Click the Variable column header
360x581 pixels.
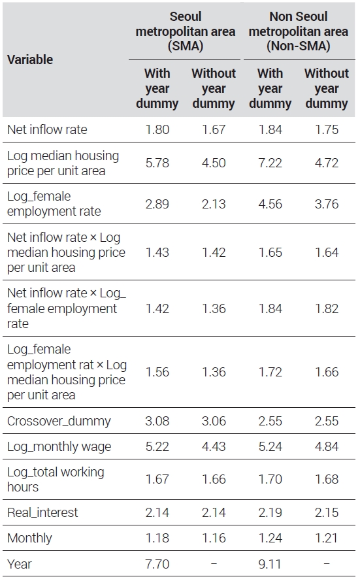(x=30, y=59)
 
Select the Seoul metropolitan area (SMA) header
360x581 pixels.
(x=185, y=31)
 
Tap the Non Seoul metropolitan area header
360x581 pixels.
(x=299, y=31)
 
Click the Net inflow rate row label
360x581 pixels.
(x=47, y=129)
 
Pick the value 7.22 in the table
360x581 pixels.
(x=270, y=163)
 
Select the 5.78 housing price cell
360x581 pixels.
(x=157, y=163)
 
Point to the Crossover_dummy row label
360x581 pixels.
(x=59, y=421)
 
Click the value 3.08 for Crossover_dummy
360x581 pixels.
(x=157, y=421)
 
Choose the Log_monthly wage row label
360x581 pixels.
(x=59, y=446)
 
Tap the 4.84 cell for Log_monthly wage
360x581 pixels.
(x=327, y=446)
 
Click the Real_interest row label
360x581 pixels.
(x=42, y=512)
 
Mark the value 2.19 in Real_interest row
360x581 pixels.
(x=270, y=512)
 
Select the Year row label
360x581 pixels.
(x=19, y=564)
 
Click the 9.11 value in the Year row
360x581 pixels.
(x=270, y=564)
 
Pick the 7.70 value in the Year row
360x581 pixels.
(x=157, y=564)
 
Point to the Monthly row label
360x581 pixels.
(x=29, y=538)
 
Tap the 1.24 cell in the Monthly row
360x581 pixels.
(x=270, y=538)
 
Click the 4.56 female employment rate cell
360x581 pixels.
(x=270, y=204)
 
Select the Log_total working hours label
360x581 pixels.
(x=56, y=479)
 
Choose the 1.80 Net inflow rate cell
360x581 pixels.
(x=157, y=129)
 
